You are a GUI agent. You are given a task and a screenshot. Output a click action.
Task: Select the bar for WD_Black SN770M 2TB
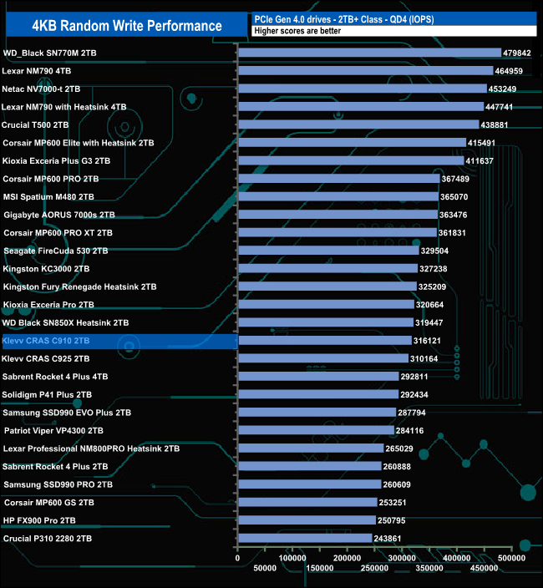369,53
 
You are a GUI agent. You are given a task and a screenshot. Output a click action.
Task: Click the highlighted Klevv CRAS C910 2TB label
58,341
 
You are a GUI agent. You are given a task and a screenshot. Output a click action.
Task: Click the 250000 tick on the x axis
374,569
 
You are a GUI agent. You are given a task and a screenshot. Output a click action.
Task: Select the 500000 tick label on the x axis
511,557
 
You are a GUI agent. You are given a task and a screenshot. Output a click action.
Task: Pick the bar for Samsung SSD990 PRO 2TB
310,484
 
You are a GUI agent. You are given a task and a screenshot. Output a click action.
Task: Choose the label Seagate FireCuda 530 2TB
56,251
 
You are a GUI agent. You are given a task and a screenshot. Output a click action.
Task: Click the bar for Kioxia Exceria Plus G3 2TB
351,160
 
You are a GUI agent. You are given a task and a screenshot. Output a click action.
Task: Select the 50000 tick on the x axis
266,569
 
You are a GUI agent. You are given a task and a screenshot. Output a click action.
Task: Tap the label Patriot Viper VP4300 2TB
54,431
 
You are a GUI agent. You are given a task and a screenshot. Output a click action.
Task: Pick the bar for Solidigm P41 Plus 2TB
318,394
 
